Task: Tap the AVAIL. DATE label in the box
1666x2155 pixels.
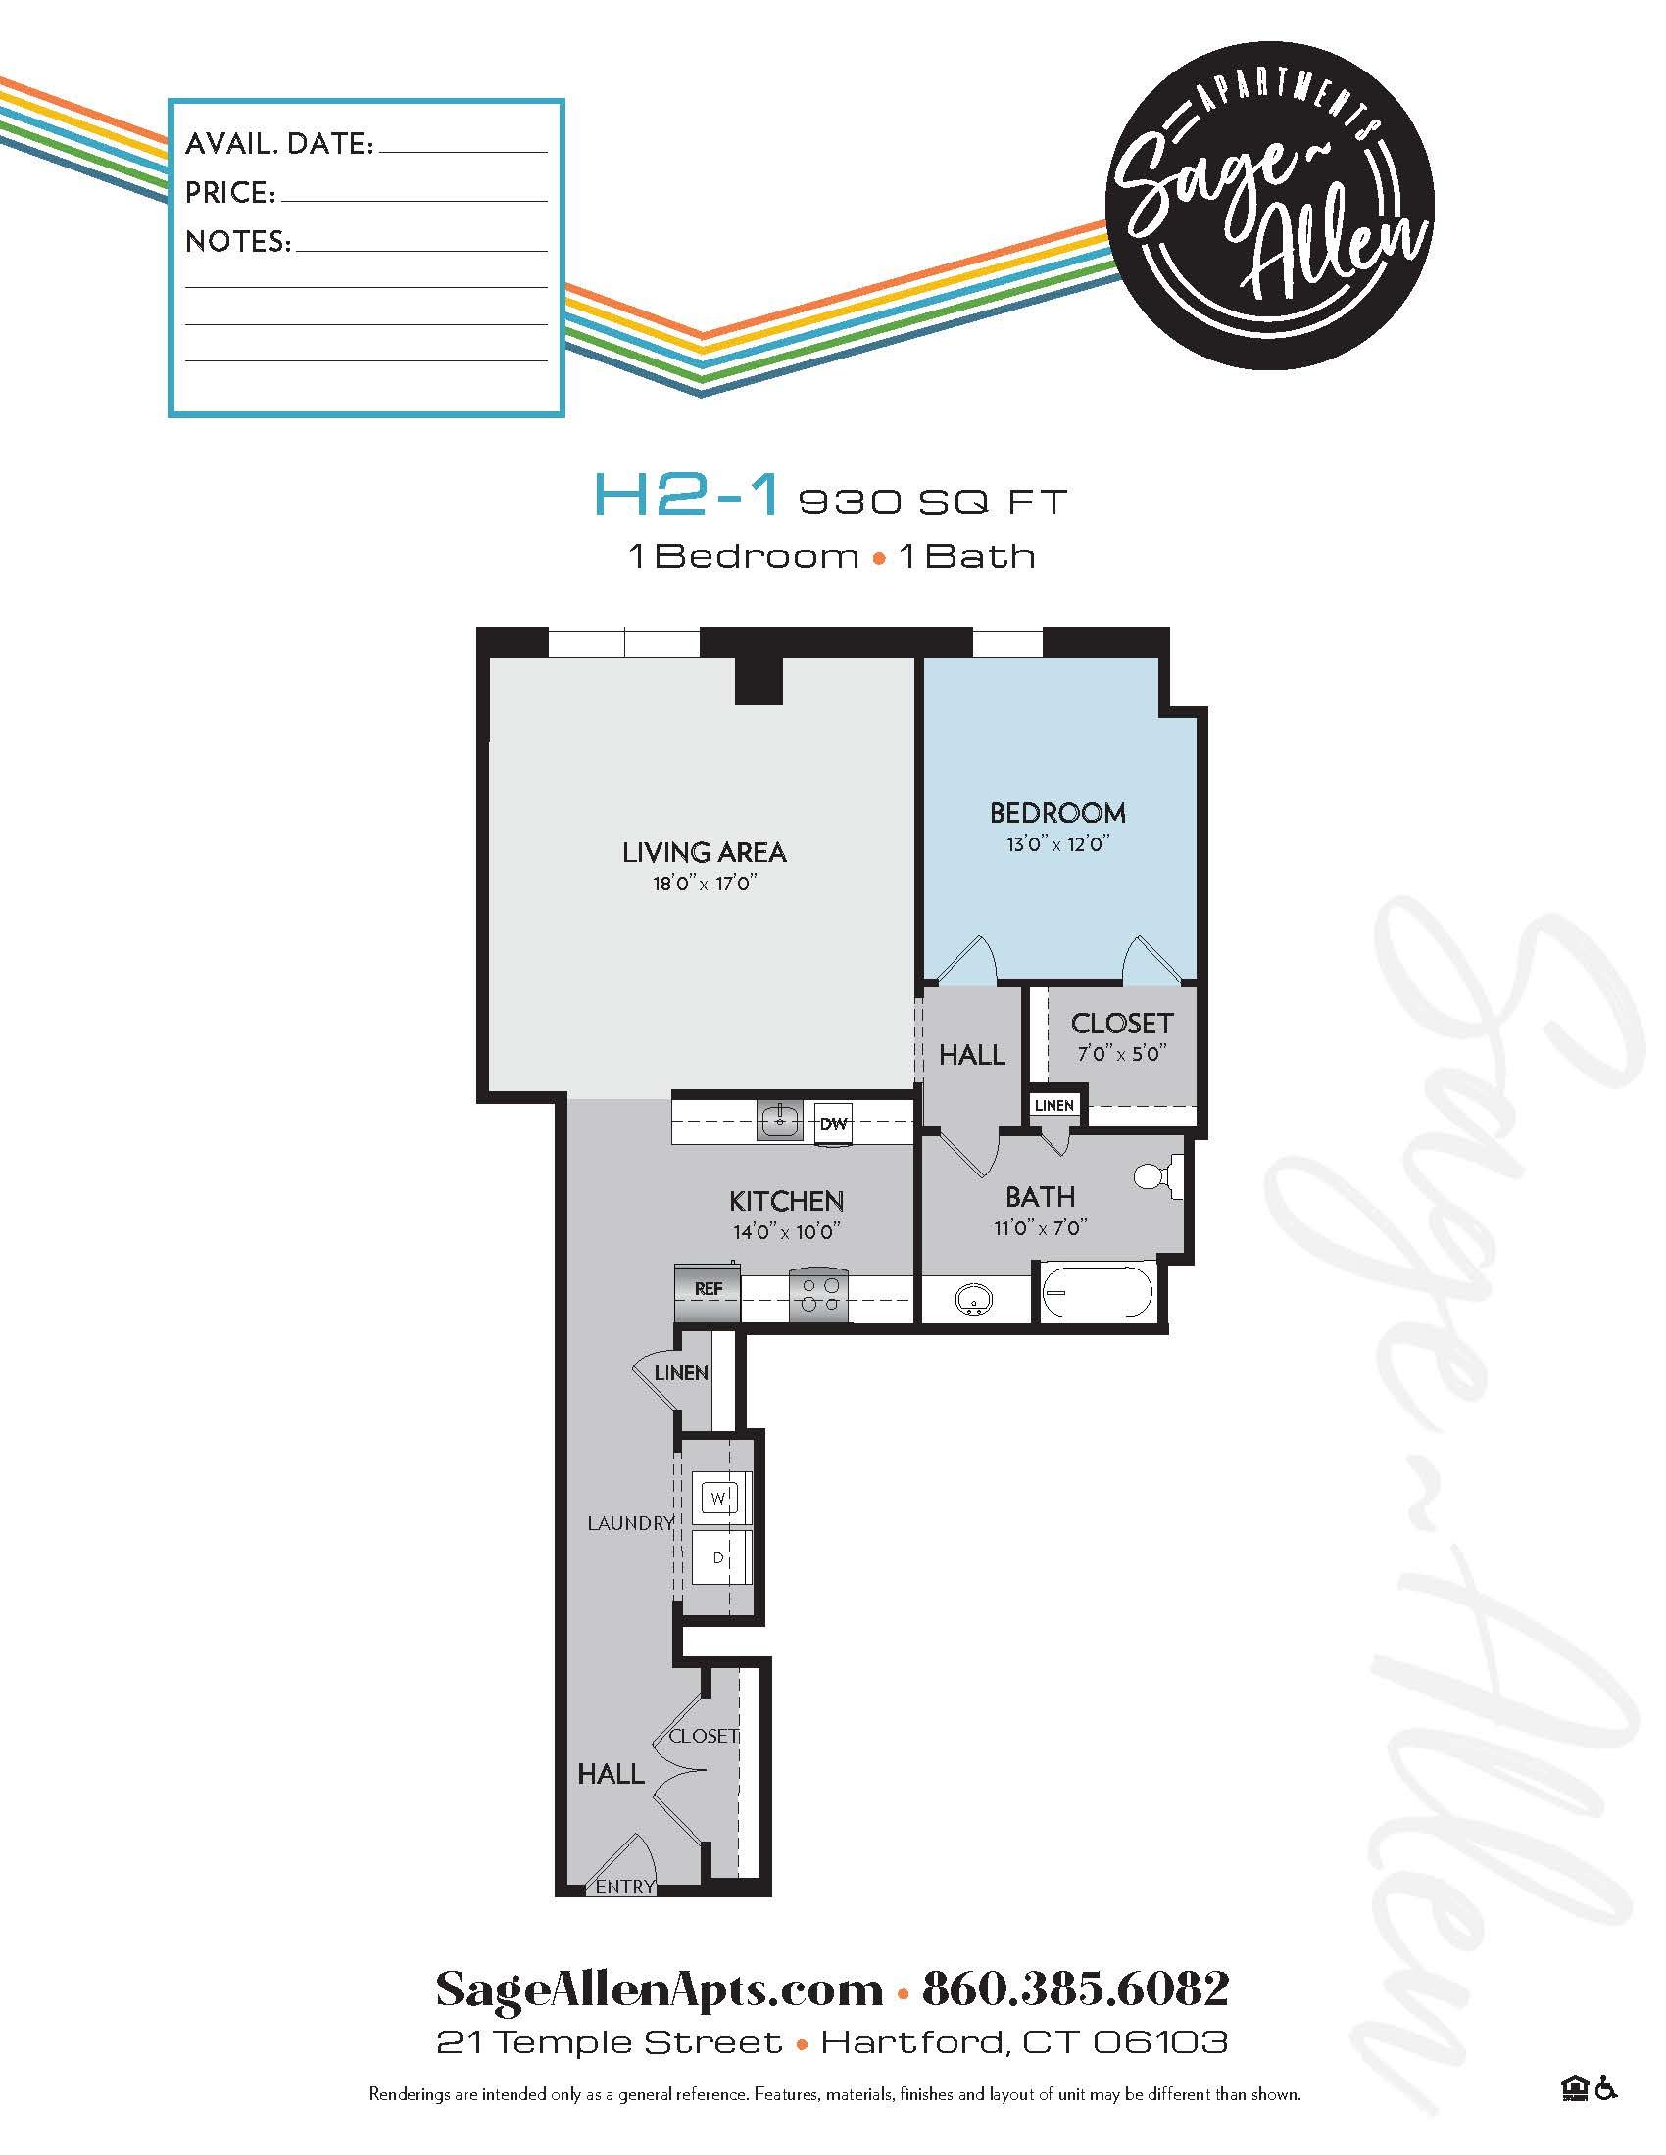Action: [x=279, y=144]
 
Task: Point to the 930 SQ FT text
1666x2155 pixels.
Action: [x=932, y=503]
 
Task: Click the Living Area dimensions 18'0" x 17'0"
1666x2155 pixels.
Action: [x=704, y=884]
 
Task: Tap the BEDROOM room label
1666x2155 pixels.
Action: [x=1057, y=813]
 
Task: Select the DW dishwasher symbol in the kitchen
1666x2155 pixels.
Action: [x=835, y=1123]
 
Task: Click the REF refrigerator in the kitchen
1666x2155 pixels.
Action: [x=708, y=1289]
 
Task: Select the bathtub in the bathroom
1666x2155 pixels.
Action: [x=1097, y=1294]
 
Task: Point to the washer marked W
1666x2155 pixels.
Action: [x=719, y=1498]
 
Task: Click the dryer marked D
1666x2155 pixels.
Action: [x=719, y=1558]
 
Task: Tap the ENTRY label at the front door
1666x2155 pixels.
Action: [x=625, y=1887]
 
